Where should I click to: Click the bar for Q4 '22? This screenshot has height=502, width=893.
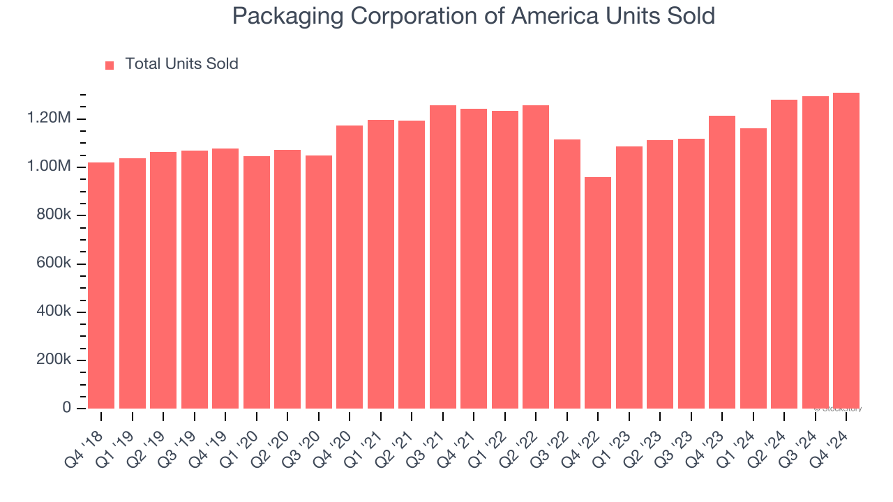(598, 293)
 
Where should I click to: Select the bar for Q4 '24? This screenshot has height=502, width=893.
(846, 251)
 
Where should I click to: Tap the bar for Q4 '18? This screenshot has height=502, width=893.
(101, 286)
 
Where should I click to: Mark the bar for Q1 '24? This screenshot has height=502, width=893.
(753, 268)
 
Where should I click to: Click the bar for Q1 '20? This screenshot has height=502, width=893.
(257, 282)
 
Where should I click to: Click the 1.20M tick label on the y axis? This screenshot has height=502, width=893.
(50, 119)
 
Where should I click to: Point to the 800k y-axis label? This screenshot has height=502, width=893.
(53, 215)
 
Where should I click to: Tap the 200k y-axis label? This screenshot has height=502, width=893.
(53, 360)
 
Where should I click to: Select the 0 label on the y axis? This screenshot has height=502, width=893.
(67, 408)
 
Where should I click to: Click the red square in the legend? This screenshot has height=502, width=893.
(110, 66)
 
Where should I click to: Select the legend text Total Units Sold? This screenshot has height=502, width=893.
(181, 64)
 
